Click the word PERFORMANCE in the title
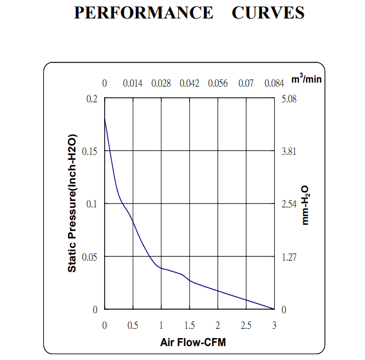click(x=143, y=13)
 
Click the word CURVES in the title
click(x=268, y=13)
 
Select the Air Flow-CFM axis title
click(x=193, y=343)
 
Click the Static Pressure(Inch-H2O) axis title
click(x=72, y=204)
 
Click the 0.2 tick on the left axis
click(x=93, y=99)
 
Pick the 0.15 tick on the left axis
click(x=90, y=151)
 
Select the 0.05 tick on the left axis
click(x=90, y=257)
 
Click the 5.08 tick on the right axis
click(x=289, y=99)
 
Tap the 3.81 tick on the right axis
click(x=289, y=151)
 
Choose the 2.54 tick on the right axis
click(x=289, y=204)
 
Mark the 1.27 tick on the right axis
click(x=289, y=257)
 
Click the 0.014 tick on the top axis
click(x=133, y=84)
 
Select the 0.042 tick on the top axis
click(x=190, y=84)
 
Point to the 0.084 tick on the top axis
click(x=274, y=84)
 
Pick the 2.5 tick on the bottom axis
click(x=246, y=326)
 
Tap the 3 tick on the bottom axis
click(x=274, y=326)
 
